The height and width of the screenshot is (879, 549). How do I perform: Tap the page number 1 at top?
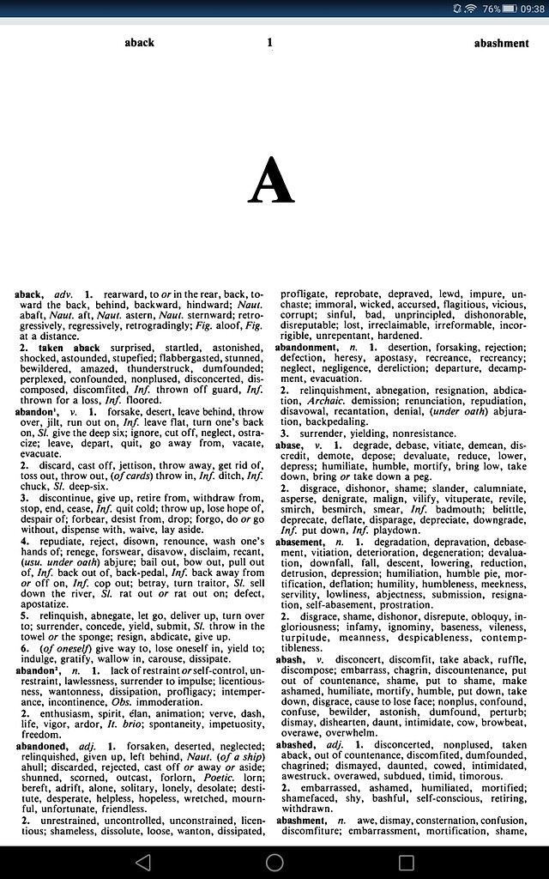pos(269,42)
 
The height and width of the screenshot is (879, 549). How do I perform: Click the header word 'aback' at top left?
pos(139,42)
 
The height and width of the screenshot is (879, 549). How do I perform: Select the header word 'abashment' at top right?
pos(501,43)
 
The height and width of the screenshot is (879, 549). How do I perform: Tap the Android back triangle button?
pos(142,862)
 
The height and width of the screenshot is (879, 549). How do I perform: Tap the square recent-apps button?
pos(407,862)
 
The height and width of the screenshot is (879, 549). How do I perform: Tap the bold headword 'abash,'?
pos(289,659)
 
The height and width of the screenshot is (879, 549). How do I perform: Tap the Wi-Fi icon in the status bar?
pos(470,9)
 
